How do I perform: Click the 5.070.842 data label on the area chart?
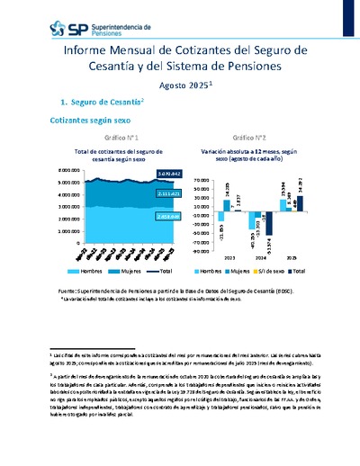coord(143,173)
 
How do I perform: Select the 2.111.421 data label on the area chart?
coord(143,193)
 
